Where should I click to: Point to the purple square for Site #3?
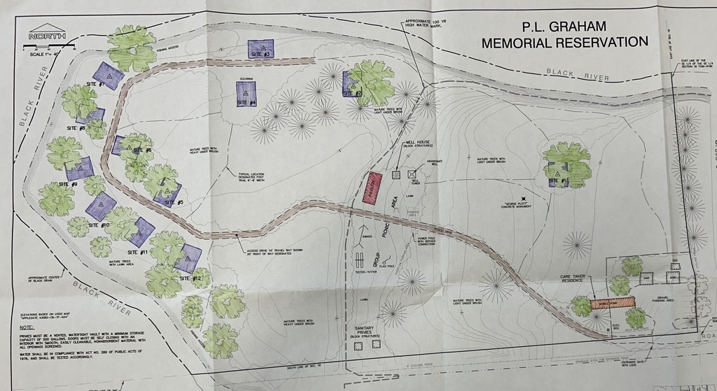point(260,49)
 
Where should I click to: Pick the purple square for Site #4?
point(246,94)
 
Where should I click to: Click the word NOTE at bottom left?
point(27,328)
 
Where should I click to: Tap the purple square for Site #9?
point(80,169)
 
